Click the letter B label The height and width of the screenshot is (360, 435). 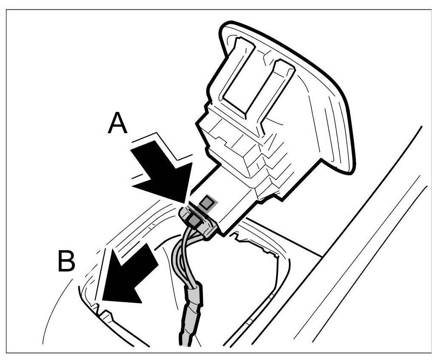[x=66, y=263]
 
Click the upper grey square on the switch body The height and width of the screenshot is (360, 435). [x=207, y=203]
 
